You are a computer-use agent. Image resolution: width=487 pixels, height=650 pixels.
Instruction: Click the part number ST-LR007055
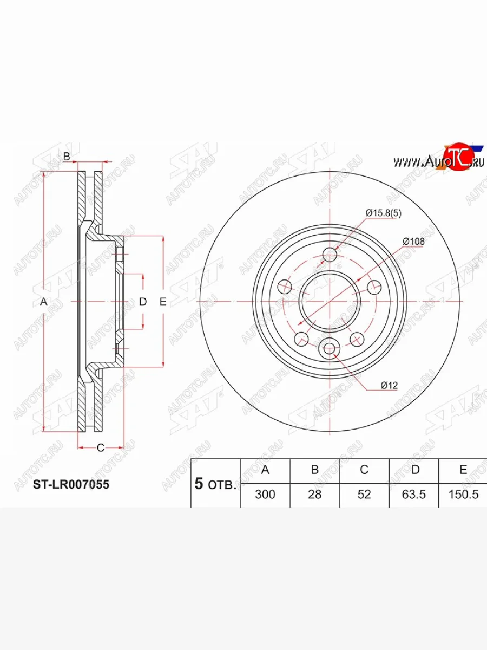click(x=71, y=484)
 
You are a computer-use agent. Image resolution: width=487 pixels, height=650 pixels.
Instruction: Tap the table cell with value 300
click(x=265, y=495)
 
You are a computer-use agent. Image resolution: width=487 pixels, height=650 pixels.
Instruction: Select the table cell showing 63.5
click(x=415, y=495)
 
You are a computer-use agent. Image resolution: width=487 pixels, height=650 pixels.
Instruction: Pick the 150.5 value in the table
click(x=463, y=495)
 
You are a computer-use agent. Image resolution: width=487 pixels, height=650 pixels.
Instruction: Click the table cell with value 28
click(x=314, y=495)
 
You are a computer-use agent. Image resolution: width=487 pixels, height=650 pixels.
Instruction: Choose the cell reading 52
click(x=364, y=495)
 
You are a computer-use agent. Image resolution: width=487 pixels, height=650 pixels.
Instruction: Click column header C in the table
click(x=364, y=470)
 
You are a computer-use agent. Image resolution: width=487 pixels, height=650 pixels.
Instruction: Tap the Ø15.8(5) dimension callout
click(x=384, y=213)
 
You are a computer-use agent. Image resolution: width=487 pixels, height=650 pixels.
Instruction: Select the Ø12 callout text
click(x=389, y=385)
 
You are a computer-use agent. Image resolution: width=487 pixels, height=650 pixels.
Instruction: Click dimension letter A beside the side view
click(x=44, y=302)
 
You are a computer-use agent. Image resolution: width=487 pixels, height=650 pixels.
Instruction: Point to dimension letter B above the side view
click(x=67, y=157)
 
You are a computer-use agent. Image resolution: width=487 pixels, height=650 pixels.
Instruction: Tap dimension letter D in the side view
click(x=143, y=302)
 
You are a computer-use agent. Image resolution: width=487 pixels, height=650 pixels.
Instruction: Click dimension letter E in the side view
click(x=162, y=302)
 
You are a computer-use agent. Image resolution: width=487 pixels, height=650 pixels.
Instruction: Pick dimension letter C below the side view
click(x=100, y=447)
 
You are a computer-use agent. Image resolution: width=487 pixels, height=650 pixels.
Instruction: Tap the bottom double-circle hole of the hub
click(x=330, y=348)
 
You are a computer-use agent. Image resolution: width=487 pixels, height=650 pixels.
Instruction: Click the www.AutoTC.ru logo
click(x=438, y=160)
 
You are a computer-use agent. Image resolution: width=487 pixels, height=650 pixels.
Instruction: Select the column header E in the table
click(x=463, y=470)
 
